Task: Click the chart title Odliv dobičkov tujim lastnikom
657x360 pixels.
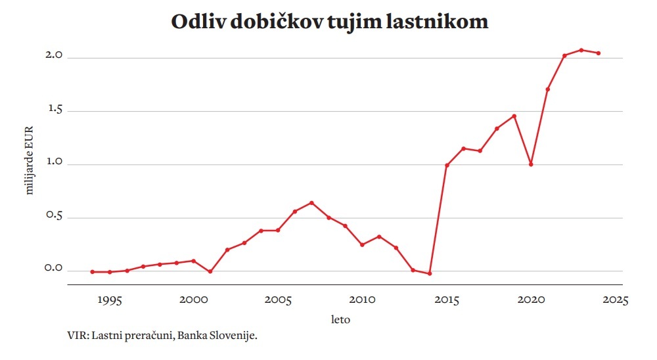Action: pos(329,22)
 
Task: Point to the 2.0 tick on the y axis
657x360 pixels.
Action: pos(53,56)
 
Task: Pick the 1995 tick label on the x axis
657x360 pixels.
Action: pos(109,300)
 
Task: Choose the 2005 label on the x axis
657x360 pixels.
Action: pos(278,300)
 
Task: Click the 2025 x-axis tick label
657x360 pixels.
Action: pos(615,300)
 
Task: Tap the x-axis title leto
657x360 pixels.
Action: pos(340,321)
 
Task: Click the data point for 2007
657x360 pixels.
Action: pos(311,202)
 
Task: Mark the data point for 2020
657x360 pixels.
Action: pos(530,164)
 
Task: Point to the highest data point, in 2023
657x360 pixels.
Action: pos(581,50)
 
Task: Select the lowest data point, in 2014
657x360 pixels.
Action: pos(430,273)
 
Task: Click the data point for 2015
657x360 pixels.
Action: pos(447,165)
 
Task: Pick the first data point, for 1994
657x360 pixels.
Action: pos(93,271)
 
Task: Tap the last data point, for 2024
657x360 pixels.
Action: pos(598,53)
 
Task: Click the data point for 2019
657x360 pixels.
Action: pos(514,116)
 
